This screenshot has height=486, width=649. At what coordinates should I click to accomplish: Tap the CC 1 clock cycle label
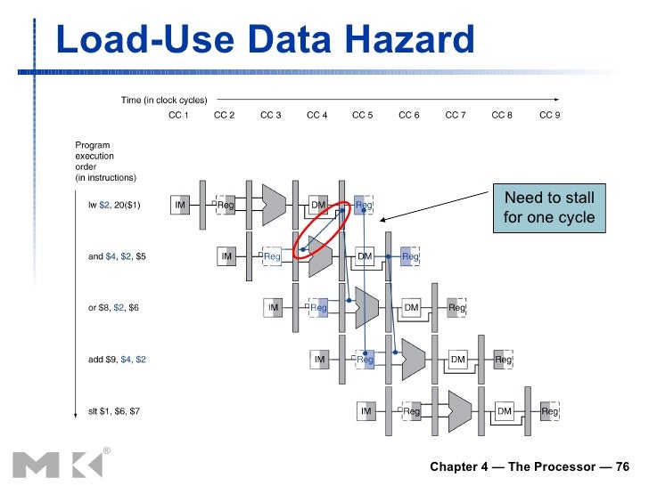[178, 115]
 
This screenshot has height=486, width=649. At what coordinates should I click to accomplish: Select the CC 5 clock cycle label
[363, 115]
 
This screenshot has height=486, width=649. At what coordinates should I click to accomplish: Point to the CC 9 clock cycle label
[550, 115]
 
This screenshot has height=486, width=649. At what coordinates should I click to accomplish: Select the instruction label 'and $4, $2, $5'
[117, 256]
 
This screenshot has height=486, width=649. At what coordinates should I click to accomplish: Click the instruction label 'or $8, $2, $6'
[114, 308]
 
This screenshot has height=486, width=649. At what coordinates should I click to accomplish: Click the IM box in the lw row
[180, 206]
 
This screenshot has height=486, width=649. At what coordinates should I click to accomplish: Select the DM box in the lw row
[318, 206]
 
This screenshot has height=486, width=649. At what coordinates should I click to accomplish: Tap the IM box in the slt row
[366, 411]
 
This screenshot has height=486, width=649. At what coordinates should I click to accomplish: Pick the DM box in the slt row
[504, 411]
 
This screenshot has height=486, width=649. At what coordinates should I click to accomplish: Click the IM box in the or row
[273, 308]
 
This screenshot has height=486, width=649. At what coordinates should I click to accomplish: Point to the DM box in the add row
[457, 360]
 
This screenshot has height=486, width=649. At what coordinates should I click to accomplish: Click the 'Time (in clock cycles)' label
[163, 100]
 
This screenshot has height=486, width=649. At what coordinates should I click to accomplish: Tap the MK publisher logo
[51, 464]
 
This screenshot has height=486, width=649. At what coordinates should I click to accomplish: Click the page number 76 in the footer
[622, 466]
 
